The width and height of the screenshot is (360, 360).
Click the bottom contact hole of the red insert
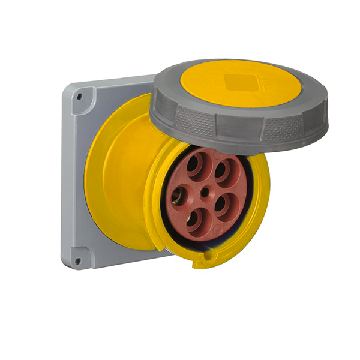[194, 220]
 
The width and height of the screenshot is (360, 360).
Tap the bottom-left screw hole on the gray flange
[77, 260]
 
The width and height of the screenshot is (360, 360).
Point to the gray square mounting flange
[75, 180]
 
